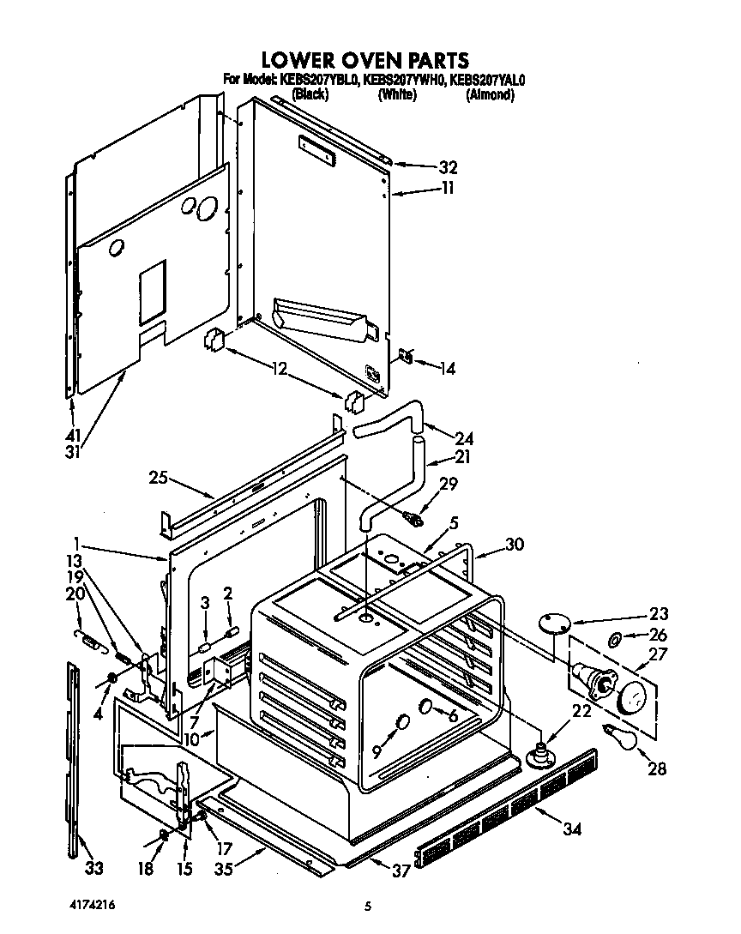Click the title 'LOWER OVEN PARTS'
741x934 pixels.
click(x=364, y=59)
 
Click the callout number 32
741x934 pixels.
click(x=447, y=168)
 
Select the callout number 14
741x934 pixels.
click(x=446, y=369)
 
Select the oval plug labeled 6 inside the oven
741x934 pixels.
click(x=426, y=707)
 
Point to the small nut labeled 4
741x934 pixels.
click(x=111, y=679)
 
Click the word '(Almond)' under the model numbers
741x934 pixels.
click(x=490, y=95)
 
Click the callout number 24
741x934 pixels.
click(x=464, y=437)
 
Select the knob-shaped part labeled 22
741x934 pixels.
click(x=539, y=753)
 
